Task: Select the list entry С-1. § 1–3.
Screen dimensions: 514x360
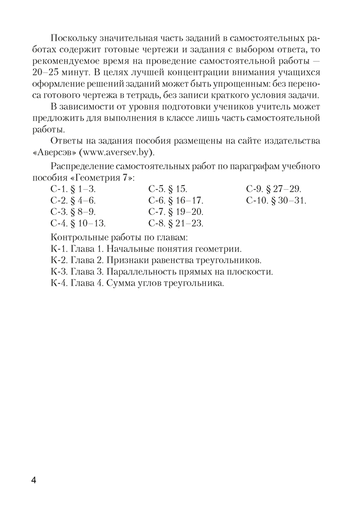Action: click(x=74, y=189)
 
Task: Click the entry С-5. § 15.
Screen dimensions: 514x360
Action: click(x=168, y=189)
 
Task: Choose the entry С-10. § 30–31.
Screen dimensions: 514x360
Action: click(x=276, y=200)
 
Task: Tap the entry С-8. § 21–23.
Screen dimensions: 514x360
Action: click(x=176, y=224)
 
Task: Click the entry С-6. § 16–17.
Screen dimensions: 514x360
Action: click(x=176, y=200)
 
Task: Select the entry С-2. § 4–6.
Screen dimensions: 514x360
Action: click(x=74, y=200)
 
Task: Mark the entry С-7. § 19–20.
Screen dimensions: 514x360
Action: click(x=176, y=212)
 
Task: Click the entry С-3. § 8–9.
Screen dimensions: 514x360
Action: click(x=74, y=212)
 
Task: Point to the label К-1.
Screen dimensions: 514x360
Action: click(x=59, y=248)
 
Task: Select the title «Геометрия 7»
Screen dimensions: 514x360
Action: click(x=107, y=177)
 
